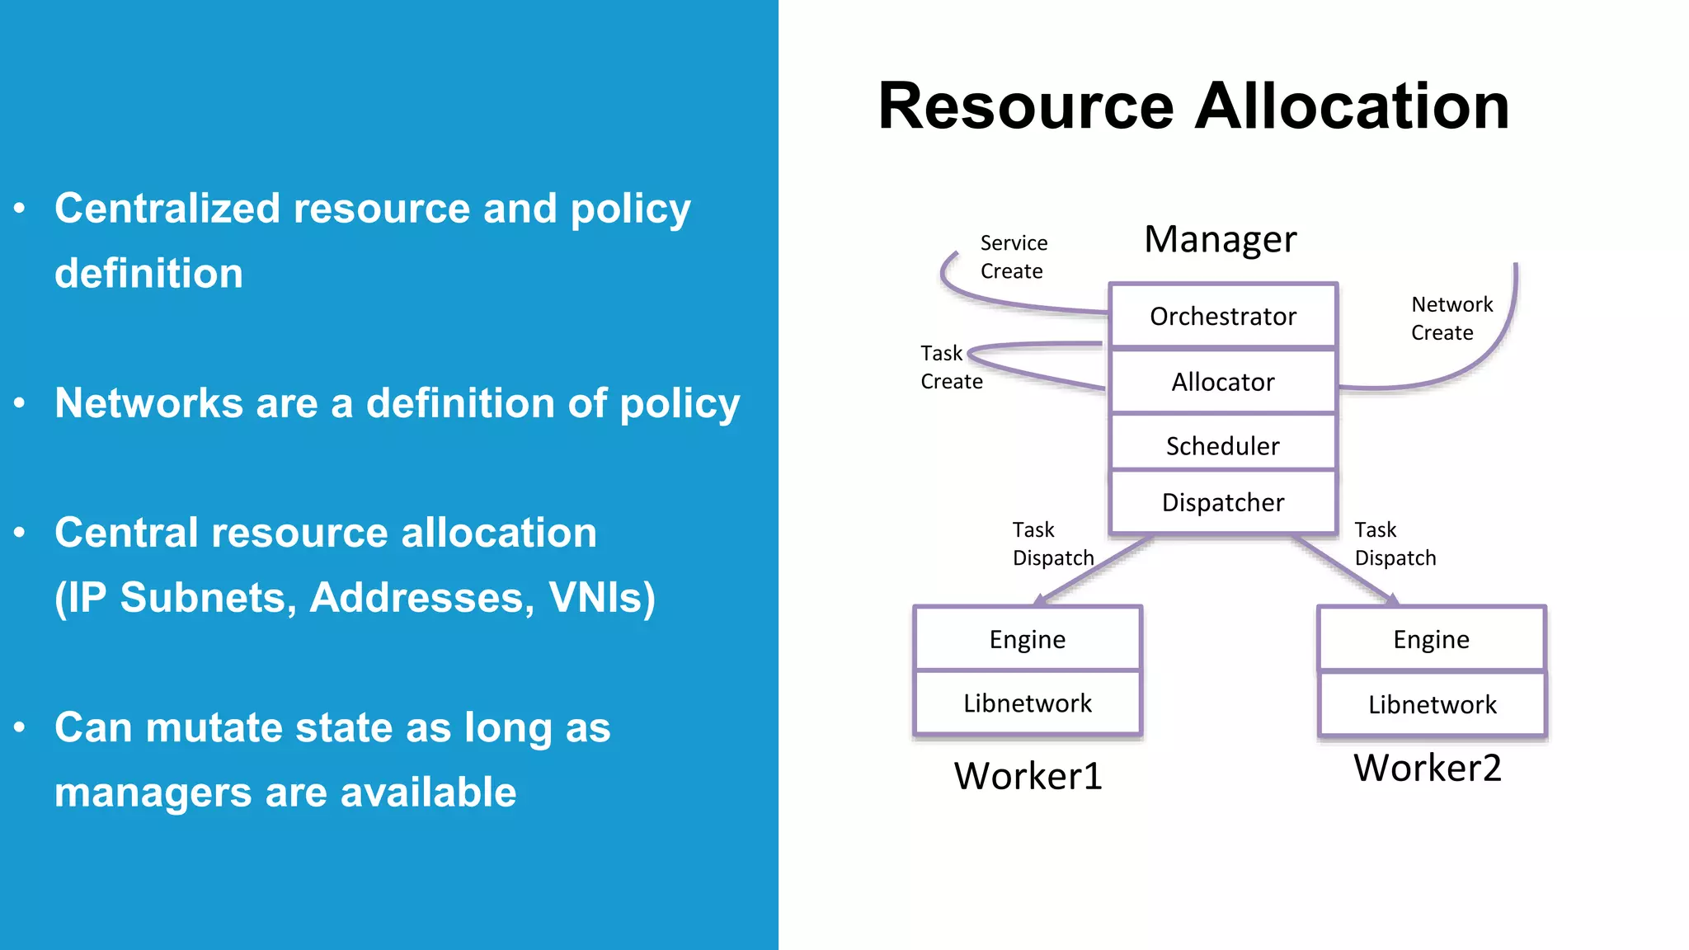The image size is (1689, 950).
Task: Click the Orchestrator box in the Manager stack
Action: tap(1223, 316)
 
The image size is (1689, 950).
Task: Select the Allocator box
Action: tap(1223, 382)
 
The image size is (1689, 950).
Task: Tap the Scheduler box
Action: tap(1223, 445)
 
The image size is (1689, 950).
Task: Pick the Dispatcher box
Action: tap(1223, 502)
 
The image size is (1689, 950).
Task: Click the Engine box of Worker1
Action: tap(1028, 639)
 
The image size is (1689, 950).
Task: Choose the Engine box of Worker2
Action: tap(1432, 639)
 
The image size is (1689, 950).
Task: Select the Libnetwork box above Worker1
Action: tap(1028, 703)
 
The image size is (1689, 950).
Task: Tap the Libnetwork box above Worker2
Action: tap(1433, 705)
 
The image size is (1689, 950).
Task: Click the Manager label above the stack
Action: tap(1221, 239)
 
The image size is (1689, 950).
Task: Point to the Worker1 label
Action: tap(1028, 776)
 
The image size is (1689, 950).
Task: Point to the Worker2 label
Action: tap(1428, 768)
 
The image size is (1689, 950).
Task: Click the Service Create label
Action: tap(1014, 257)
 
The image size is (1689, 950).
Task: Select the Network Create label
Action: tap(1451, 318)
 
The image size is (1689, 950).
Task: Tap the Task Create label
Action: tap(951, 367)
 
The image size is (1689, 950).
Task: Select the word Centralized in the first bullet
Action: tap(167, 208)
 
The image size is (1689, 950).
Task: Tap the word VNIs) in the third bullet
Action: tap(602, 598)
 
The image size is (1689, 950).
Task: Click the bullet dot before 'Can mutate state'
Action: tap(20, 727)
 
